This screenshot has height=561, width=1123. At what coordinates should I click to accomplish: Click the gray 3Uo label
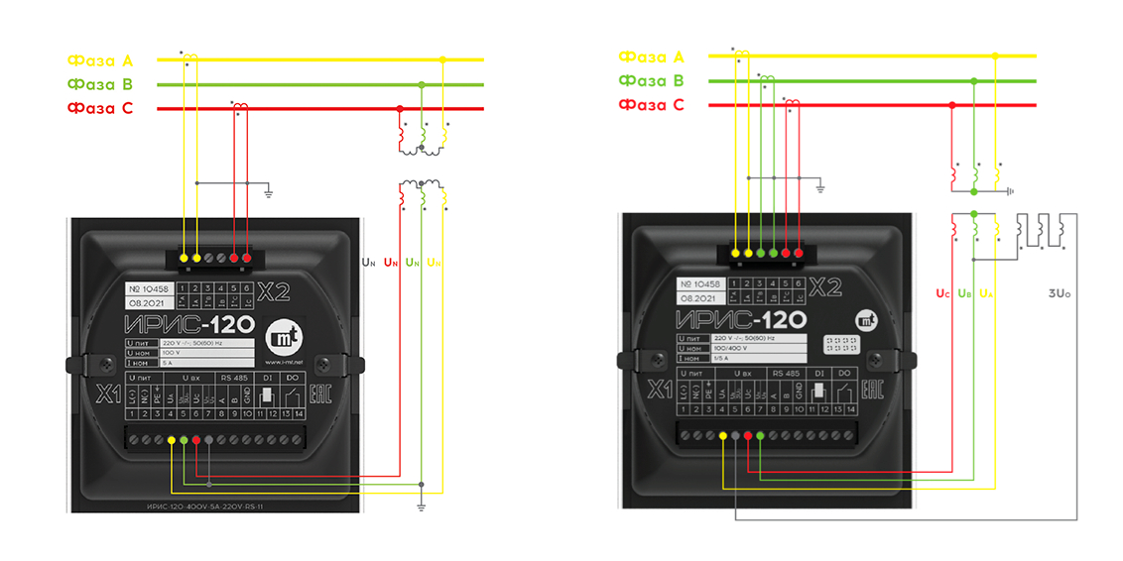pos(1061,293)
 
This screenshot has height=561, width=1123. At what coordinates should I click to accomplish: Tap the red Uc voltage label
pos(943,293)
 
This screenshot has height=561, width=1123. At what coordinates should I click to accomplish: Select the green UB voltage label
pos(964,293)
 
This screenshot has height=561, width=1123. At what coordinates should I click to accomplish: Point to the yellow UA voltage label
pos(985,293)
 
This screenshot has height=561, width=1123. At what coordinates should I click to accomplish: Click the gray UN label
pos(368,263)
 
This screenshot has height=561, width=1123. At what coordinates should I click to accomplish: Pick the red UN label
pos(390,263)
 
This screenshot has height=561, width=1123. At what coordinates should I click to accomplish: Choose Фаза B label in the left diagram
pos(100,84)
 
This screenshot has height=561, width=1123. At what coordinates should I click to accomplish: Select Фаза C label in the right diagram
pos(651,105)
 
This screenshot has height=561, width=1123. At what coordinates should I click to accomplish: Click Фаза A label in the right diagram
pos(651,57)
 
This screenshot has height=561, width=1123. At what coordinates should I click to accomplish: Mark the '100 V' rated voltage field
pos(173,353)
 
